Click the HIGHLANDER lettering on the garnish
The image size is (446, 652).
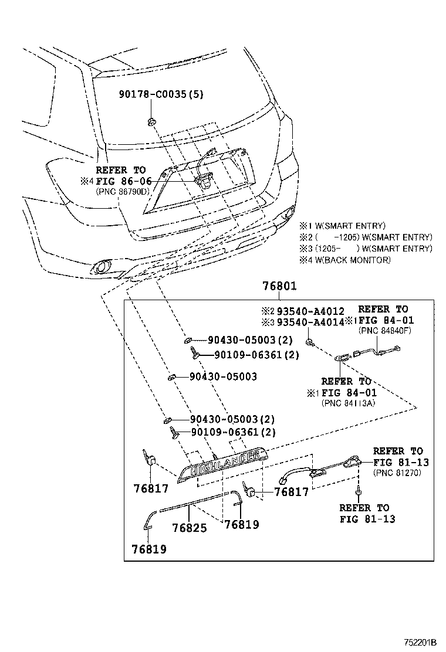pyautogui.click(x=227, y=463)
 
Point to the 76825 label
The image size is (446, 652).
pyautogui.click(x=190, y=528)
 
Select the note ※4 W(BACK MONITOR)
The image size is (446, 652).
pyautogui.click(x=344, y=260)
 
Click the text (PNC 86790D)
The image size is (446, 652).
pyautogui.click(x=123, y=192)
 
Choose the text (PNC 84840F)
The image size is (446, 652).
pyautogui.click(x=386, y=330)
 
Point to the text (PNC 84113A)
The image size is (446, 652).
pyautogui.click(x=349, y=403)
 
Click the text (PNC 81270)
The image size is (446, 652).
pyautogui.click(x=397, y=473)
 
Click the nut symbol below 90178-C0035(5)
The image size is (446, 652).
pyautogui.click(x=151, y=121)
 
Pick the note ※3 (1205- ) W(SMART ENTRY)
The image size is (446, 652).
pyautogui.click(x=366, y=249)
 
